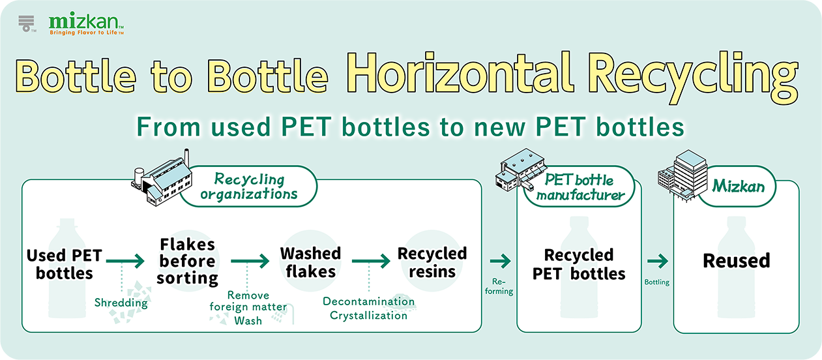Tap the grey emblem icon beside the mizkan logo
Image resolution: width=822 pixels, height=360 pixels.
coord(27,23)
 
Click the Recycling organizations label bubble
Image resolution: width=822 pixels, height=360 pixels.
coord(249,187)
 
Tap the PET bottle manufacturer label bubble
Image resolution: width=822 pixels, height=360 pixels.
coord(580,187)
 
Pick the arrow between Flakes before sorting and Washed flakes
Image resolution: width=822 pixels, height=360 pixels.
coord(250,262)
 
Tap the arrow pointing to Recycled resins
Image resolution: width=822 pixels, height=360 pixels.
coord(371,262)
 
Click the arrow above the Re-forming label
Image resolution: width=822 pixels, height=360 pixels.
coord(500,262)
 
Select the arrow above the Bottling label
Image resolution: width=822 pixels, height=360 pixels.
coord(658,262)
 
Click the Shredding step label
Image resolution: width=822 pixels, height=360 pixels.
coord(121,303)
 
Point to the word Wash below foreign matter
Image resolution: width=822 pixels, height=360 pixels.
coord(248,321)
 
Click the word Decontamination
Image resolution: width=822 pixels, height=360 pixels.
coord(369,301)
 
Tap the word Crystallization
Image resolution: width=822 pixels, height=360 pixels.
coord(368,316)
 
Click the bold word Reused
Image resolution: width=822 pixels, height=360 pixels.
coord(737,261)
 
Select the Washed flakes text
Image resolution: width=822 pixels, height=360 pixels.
coord(310,262)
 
